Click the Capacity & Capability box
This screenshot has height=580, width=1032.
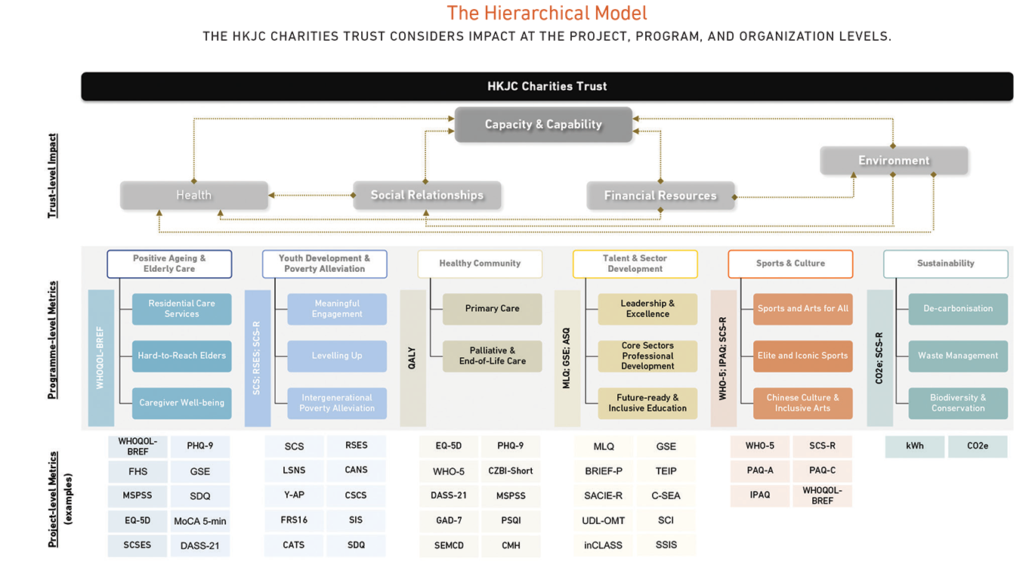tap(543, 125)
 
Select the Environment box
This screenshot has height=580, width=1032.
tap(894, 160)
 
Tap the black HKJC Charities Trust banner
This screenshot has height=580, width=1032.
tap(547, 86)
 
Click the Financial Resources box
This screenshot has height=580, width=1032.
tap(660, 196)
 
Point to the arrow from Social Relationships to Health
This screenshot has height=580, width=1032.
tap(311, 196)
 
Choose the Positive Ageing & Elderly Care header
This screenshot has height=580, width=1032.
tap(169, 264)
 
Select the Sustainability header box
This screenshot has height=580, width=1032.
tap(945, 264)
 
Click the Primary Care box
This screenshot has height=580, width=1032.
tap(492, 309)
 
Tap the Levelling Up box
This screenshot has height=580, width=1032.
tap(337, 356)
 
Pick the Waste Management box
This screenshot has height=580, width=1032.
tap(958, 356)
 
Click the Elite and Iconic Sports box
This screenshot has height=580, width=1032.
tap(802, 356)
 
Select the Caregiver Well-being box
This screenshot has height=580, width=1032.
tap(181, 403)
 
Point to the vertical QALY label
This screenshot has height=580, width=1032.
tap(412, 358)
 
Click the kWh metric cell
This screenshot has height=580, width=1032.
tap(914, 446)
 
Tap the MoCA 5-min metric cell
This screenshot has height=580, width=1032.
tap(200, 521)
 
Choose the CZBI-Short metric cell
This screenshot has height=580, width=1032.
tap(511, 470)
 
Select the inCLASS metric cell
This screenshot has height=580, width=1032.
tap(603, 545)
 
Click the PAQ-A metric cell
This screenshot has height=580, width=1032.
tap(760, 470)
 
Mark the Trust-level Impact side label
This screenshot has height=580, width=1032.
tap(53, 175)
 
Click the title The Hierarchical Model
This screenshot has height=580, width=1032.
tap(547, 13)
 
